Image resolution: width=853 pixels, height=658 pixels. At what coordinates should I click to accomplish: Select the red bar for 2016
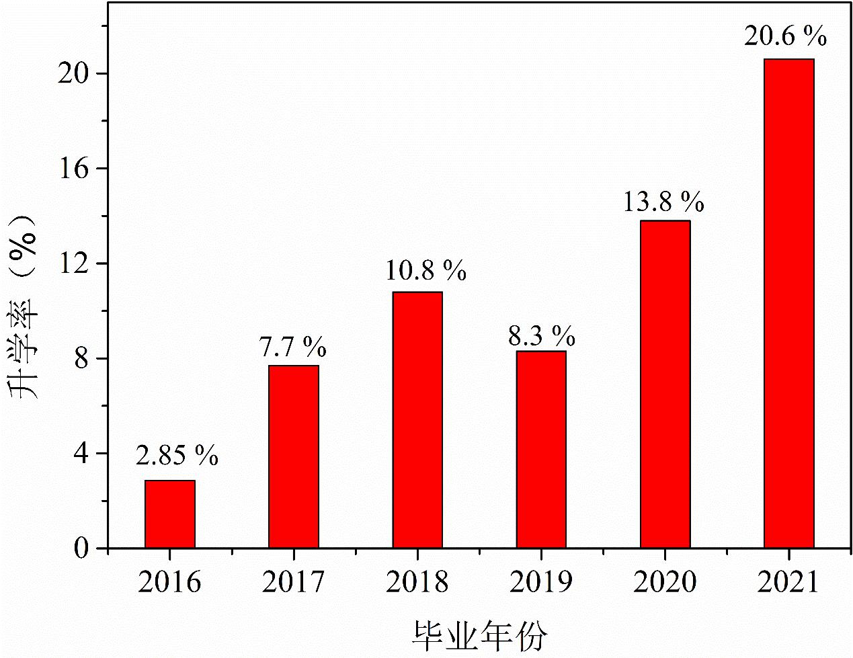[x=170, y=514]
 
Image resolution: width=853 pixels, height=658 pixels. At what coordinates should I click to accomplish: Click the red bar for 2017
[x=294, y=457]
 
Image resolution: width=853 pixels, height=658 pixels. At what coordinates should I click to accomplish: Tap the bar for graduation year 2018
[x=417, y=420]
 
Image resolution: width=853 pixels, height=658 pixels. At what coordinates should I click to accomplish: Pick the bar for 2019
[x=541, y=450]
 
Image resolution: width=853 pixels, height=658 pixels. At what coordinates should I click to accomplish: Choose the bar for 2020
[x=665, y=384]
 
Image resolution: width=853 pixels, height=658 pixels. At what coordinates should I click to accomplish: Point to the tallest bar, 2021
[x=788, y=304]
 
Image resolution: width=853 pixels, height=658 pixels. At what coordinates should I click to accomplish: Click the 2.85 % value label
[x=177, y=456]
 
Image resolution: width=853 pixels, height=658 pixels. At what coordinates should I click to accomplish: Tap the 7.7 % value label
[x=292, y=347]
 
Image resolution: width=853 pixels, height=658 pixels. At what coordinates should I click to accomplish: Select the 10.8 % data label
[x=425, y=270]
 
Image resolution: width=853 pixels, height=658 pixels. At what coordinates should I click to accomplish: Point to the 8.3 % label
[x=542, y=335]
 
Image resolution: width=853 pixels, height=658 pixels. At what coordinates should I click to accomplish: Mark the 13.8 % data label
[x=663, y=202]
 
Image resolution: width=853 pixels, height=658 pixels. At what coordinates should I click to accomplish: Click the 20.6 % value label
[x=785, y=36]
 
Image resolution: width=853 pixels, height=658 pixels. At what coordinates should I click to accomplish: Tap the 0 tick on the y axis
[x=81, y=549]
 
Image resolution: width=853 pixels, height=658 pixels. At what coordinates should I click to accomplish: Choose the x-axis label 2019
[x=541, y=582]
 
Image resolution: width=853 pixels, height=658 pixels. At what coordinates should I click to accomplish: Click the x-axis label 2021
[x=788, y=582]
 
